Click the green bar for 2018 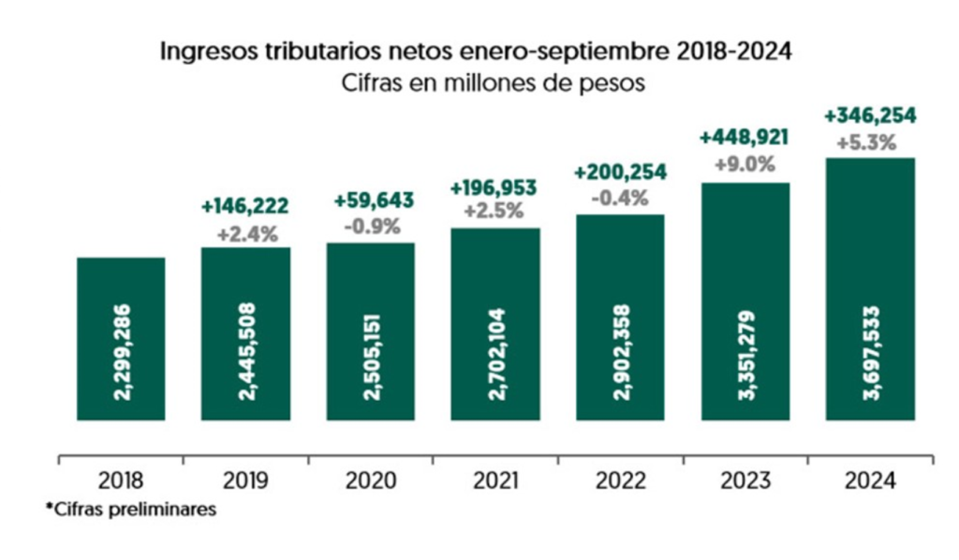coord(121,339)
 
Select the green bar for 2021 coord(495,324)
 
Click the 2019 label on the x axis coord(246,481)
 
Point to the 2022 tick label coord(620,481)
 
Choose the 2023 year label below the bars coord(745,481)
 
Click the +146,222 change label coord(245,207)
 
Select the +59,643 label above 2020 coord(373,201)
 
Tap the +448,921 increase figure coord(745,138)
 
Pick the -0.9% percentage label coord(372,226)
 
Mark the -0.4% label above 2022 coord(620,198)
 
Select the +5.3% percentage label coord(870,142)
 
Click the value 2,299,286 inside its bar coord(122,351)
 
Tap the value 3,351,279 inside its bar coord(745,351)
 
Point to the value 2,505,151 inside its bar coord(372,351)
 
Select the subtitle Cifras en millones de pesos coord(481,82)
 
